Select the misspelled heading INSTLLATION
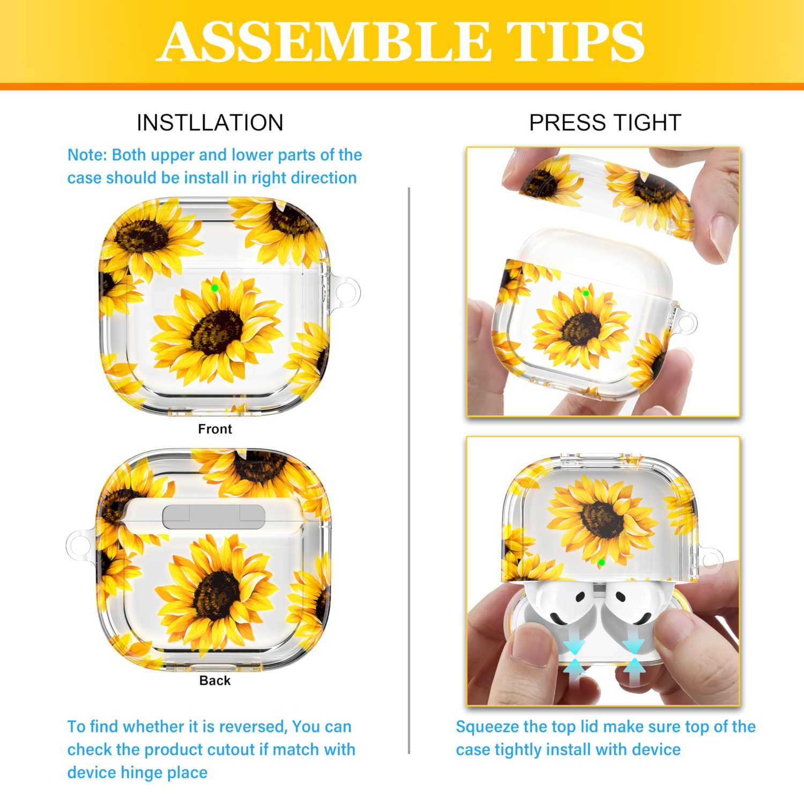click(210, 123)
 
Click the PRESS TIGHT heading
click(605, 123)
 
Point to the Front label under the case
click(215, 429)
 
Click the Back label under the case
click(215, 680)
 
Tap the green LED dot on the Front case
click(214, 288)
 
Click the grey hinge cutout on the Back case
click(214, 517)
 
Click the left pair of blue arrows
click(574, 659)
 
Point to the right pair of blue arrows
click(634, 659)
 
